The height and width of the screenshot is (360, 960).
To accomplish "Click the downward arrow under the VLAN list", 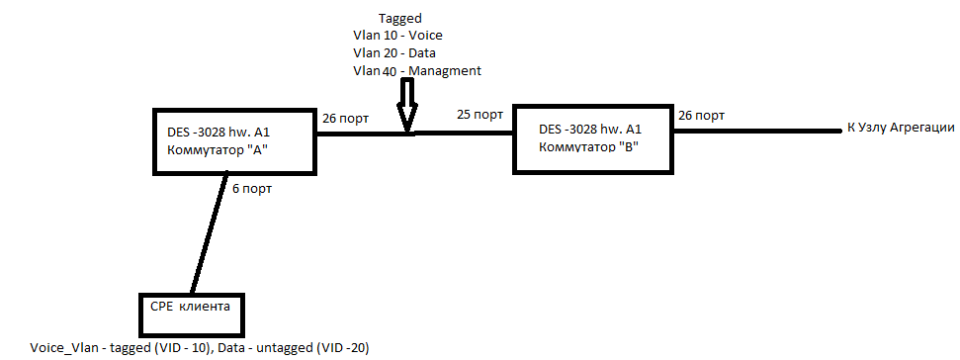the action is coord(407,106).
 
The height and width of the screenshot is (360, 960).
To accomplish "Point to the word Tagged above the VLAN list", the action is coord(400,19).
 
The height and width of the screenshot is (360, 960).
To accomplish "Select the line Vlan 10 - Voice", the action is coord(398,36).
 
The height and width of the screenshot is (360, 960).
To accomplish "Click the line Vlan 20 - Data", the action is coord(394,52).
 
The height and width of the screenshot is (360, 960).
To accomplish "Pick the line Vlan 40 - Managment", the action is coord(417,71).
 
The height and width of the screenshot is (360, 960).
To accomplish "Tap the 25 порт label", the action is coord(480,115).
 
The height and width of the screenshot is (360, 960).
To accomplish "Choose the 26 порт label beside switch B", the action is coord(702,115).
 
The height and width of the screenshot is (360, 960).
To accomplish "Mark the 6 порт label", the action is coord(252,189).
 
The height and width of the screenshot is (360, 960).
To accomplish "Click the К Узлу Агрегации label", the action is coord(902,129).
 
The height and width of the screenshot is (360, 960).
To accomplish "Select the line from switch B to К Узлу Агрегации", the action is coord(759,131).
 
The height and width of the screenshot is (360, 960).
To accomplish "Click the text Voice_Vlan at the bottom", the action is coord(63,348).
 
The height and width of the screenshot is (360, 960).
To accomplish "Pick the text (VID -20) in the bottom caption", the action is coord(340,348).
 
